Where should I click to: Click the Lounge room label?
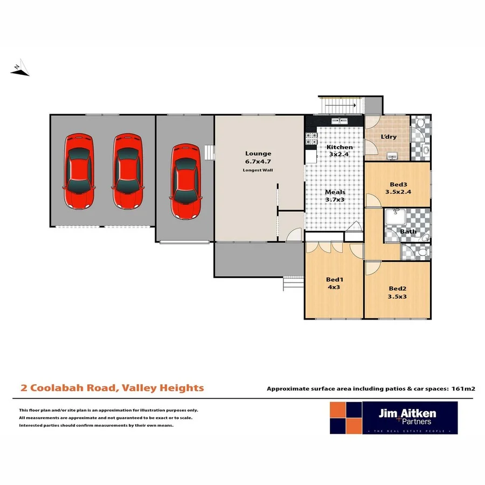(x=258, y=154)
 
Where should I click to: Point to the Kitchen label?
(x=340, y=147)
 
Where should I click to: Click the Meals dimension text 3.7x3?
(x=335, y=200)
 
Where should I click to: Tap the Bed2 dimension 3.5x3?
(x=397, y=296)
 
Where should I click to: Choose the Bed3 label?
(x=398, y=184)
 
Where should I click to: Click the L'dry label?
(x=389, y=137)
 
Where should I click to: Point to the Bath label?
(x=408, y=232)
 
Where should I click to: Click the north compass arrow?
(x=20, y=69)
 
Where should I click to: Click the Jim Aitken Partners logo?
(x=393, y=418)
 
